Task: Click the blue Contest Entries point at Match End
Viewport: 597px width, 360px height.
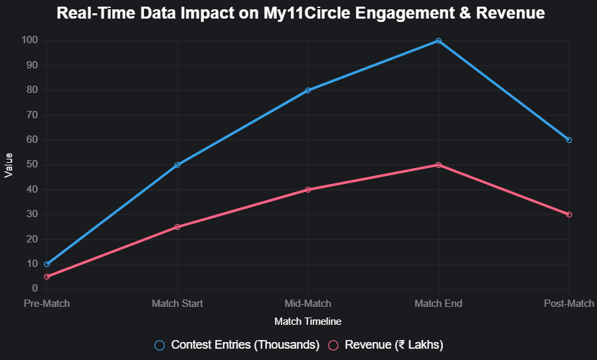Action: pos(438,41)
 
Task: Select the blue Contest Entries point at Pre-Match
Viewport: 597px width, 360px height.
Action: pos(46,264)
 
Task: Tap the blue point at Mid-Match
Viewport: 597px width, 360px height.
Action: pos(308,90)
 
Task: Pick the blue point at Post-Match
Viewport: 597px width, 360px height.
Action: pos(569,140)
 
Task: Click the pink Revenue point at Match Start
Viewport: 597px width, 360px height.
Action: pos(177,227)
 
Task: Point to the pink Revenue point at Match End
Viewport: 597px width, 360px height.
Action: pos(438,165)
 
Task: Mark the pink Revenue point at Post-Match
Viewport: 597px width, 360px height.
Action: pos(569,215)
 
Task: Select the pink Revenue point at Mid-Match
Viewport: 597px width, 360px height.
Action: pos(308,190)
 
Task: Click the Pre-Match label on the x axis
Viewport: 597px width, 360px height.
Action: pos(46,304)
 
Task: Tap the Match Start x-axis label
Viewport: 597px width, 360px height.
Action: pos(177,304)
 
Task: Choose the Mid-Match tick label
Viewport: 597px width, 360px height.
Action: pos(308,304)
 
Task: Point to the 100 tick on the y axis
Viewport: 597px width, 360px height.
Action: pos(30,41)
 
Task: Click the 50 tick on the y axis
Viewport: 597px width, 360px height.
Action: pos(32,165)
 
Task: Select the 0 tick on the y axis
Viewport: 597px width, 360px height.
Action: pos(35,289)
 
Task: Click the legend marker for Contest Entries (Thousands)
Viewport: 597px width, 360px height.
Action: pos(159,345)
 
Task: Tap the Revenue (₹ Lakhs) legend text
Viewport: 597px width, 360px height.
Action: pos(394,345)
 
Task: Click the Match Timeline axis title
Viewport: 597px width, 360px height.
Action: pos(307,321)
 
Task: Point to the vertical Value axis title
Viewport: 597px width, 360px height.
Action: pos(9,165)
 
